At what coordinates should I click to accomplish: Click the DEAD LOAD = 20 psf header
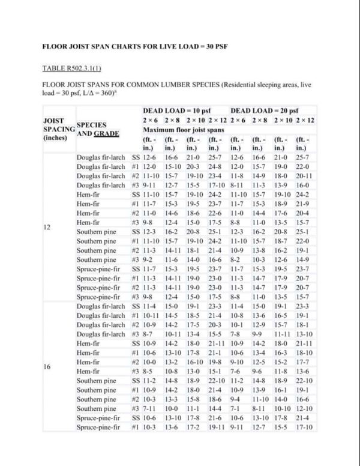(265, 111)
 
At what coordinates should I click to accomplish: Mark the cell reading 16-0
(303, 186)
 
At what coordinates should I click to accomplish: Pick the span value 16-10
(193, 363)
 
